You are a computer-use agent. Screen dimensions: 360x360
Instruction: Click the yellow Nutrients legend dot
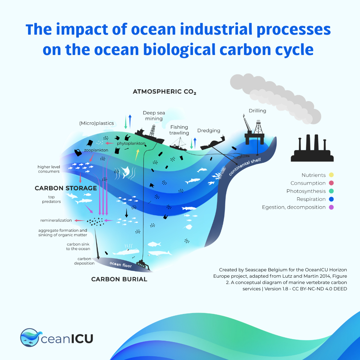[x=331, y=175]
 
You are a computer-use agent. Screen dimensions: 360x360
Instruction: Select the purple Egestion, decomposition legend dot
[x=331, y=207]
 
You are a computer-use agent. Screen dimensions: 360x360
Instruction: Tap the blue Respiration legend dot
[x=331, y=199]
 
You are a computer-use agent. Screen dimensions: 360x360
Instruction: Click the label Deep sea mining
[x=154, y=116]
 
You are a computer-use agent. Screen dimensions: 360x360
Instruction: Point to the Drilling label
[x=257, y=111]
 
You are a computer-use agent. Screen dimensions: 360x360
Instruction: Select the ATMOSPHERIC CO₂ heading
[x=164, y=92]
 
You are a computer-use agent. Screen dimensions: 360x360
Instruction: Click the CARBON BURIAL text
[x=119, y=279]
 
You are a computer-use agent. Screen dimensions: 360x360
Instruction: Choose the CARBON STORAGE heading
[x=66, y=188]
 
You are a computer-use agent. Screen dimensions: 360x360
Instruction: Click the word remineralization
[x=56, y=220]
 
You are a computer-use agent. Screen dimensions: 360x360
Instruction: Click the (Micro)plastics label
[x=96, y=123]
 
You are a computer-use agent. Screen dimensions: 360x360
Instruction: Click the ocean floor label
[x=121, y=264]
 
